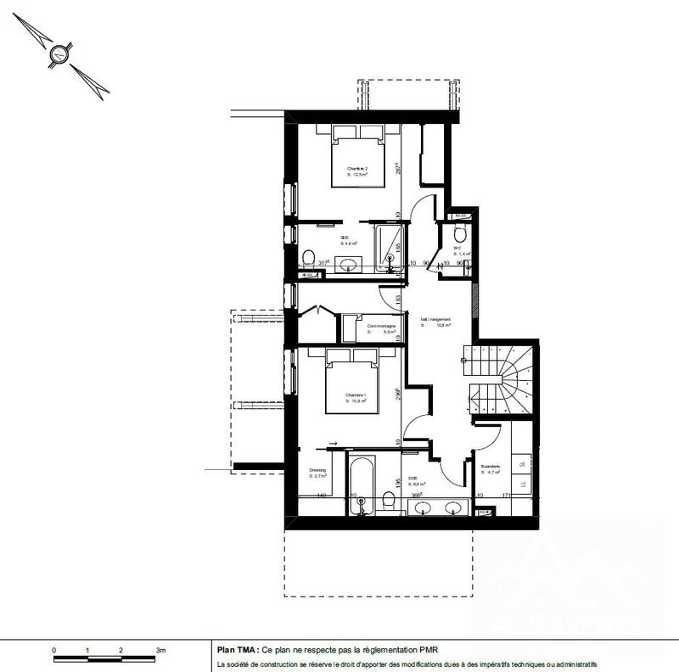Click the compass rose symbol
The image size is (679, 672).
point(58,58)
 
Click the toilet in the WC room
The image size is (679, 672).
point(460,233)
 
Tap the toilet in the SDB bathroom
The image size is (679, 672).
point(389,501)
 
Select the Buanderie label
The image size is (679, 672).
point(490,468)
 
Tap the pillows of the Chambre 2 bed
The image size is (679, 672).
point(357,132)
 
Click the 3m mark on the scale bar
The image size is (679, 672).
point(160,649)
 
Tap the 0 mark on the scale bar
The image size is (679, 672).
point(54,649)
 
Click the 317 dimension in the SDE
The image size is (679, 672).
point(322,263)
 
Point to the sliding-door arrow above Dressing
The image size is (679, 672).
point(332,443)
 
